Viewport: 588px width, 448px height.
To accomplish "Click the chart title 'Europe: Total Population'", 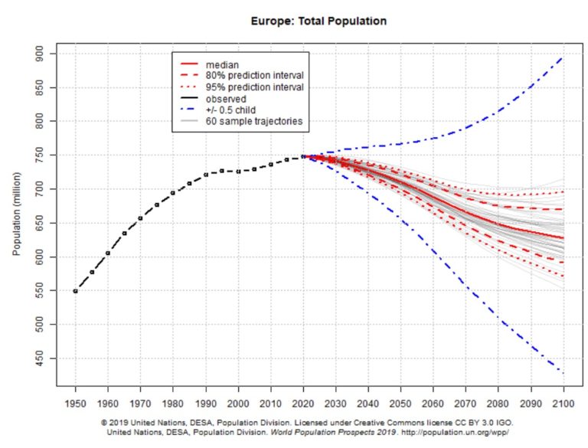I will coord(318,21).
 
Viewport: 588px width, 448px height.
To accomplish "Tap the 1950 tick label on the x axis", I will coord(76,403).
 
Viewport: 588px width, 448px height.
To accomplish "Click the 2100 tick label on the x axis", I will coord(563,403).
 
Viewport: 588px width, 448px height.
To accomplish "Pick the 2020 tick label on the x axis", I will coord(303,403).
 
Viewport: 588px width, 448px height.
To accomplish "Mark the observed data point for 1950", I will coord(76,291).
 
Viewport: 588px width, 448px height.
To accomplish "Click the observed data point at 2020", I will coord(303,156).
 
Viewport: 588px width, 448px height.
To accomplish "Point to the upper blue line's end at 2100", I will coord(563,57).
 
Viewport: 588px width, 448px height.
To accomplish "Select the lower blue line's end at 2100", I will coord(563,373).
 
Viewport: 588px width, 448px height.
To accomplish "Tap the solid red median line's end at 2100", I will coord(563,238).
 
